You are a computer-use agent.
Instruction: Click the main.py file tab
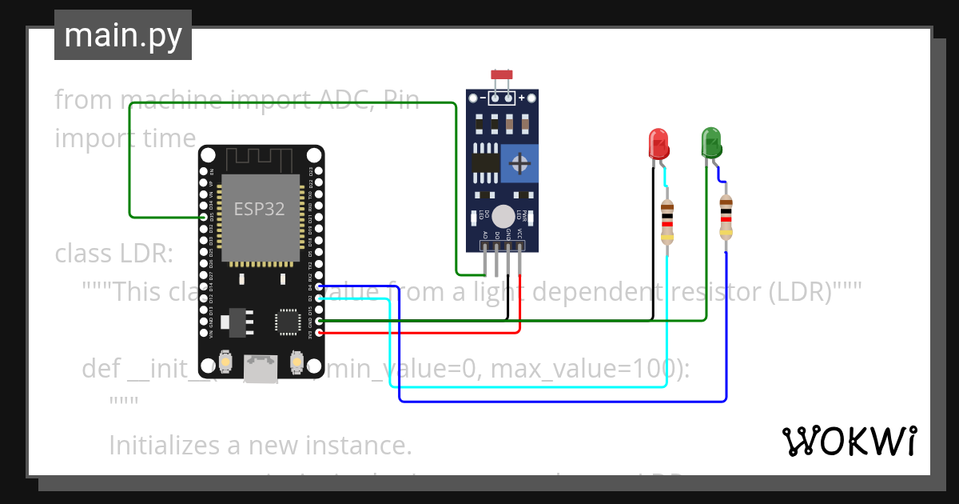tap(122, 35)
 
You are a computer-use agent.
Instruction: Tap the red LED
tap(658, 144)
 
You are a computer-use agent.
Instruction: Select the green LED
tap(710, 142)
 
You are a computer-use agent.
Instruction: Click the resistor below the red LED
tap(667, 222)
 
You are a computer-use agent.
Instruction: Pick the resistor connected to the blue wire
tap(725, 217)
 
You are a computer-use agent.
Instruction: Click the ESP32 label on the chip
tap(259, 210)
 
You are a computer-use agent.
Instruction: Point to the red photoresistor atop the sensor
tap(501, 75)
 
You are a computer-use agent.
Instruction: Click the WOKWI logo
tap(849, 441)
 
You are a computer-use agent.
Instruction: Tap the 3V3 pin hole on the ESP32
tap(319, 331)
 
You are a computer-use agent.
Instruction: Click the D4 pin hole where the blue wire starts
tap(319, 286)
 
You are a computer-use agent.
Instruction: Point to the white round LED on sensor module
tap(503, 216)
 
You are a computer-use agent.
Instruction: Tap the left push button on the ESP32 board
tap(225, 364)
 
